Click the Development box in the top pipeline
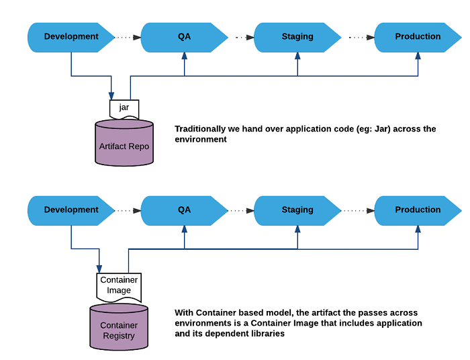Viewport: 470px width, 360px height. click(x=71, y=37)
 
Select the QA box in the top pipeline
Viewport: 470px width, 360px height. click(x=184, y=37)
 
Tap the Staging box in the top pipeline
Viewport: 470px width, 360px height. click(x=297, y=37)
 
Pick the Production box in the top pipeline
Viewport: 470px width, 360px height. click(x=418, y=37)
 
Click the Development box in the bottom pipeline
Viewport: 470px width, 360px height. click(x=71, y=210)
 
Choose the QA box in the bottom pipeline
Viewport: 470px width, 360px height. click(x=184, y=210)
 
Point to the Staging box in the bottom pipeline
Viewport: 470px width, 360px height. click(x=297, y=210)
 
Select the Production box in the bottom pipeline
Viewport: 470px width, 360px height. click(x=418, y=210)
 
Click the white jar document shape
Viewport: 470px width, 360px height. click(x=124, y=108)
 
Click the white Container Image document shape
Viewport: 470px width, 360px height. click(x=119, y=286)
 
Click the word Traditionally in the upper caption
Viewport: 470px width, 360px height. click(x=199, y=129)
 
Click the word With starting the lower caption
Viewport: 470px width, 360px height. click(x=185, y=313)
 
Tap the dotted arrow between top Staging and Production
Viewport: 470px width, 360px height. click(x=359, y=37)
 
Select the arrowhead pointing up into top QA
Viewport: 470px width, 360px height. click(x=184, y=56)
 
